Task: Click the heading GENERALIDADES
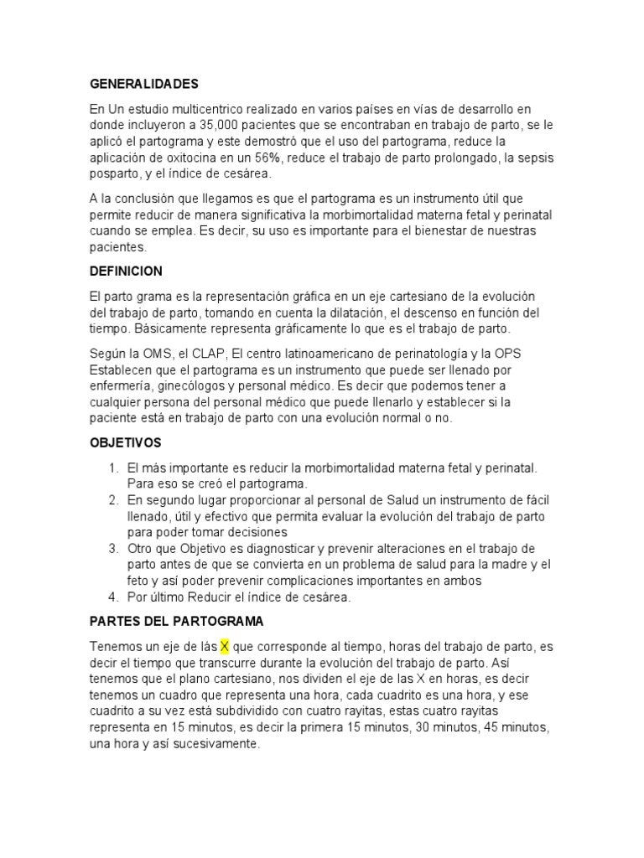[x=143, y=84]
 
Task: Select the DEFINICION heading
[x=126, y=271]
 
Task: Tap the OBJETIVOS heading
[x=126, y=442]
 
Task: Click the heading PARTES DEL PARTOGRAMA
[x=177, y=622]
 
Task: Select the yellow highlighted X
[x=225, y=647]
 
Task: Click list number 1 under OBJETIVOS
[x=113, y=468]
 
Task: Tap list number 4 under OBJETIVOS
[x=113, y=597]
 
